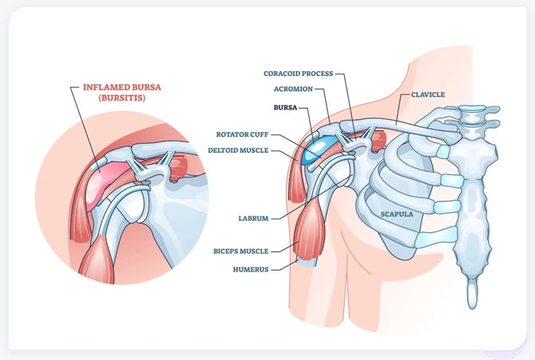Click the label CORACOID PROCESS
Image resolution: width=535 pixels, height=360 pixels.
[299, 73]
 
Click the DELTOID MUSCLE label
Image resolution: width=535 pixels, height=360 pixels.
[238, 149]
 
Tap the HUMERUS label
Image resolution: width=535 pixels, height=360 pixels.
[251, 269]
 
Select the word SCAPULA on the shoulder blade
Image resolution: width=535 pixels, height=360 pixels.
[385, 212]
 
